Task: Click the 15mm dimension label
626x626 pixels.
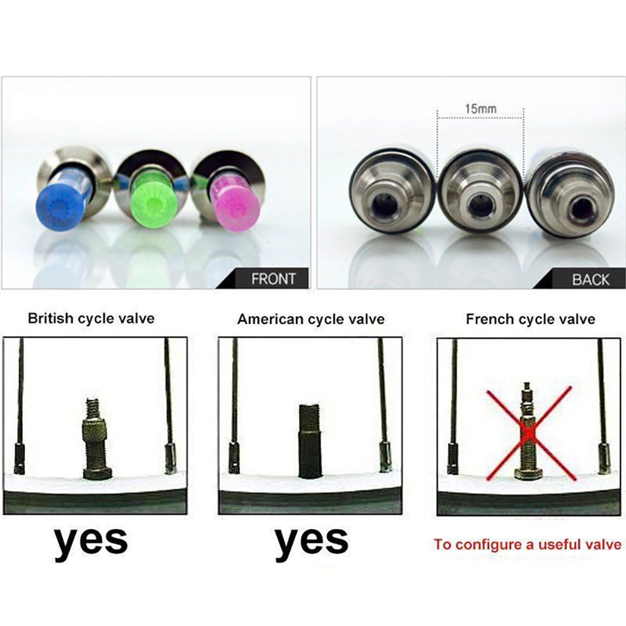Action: [x=480, y=109]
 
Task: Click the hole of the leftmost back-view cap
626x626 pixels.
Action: [x=383, y=204]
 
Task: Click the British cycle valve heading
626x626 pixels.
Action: [x=91, y=318]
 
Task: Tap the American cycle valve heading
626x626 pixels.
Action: [x=311, y=319]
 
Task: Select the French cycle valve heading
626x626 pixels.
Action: [x=531, y=319]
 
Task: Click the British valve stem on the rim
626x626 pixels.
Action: [x=97, y=438]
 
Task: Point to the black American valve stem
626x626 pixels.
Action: [x=310, y=441]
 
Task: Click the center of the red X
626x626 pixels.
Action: [x=530, y=434]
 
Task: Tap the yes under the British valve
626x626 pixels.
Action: [x=91, y=541]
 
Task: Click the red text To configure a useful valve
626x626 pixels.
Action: [x=527, y=545]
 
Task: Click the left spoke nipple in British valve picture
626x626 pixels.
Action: [x=20, y=459]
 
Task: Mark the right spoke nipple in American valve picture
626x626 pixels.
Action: [x=385, y=456]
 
